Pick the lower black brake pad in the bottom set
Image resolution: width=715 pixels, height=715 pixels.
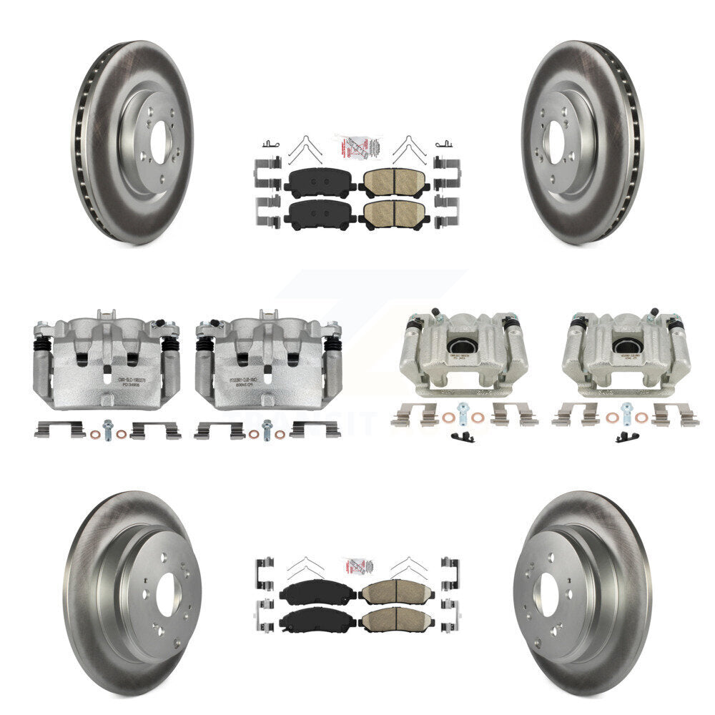point(317,620)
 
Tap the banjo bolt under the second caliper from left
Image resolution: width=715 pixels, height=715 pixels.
point(267,428)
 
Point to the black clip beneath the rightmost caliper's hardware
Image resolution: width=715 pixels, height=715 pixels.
point(626,438)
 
